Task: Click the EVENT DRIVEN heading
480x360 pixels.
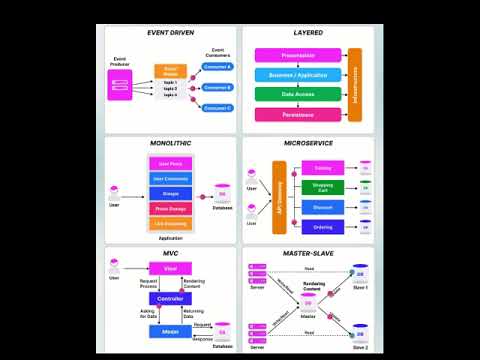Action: coord(169,34)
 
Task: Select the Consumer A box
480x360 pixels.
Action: coord(216,67)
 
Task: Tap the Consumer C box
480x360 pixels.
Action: coord(216,107)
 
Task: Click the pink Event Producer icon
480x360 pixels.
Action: coord(120,86)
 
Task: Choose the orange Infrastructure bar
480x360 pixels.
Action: coord(354,85)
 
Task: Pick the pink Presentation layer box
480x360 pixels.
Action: coord(299,56)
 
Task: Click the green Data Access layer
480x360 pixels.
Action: coord(299,95)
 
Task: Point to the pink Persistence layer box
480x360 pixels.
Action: coord(299,115)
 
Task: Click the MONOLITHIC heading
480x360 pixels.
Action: coord(169,144)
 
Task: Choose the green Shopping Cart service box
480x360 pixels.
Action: coord(323,186)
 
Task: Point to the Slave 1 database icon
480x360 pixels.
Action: coord(358,274)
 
